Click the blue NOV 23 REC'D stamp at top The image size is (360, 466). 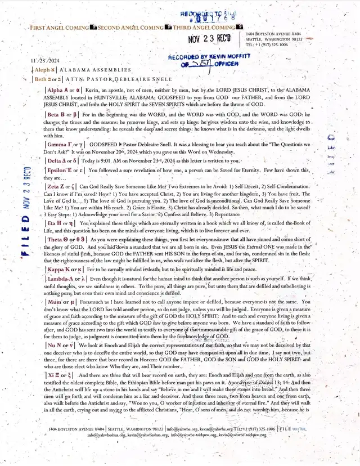tap(209, 39)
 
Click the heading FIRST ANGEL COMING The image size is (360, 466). tap(59, 28)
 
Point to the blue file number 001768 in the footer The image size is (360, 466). tap(300, 444)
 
